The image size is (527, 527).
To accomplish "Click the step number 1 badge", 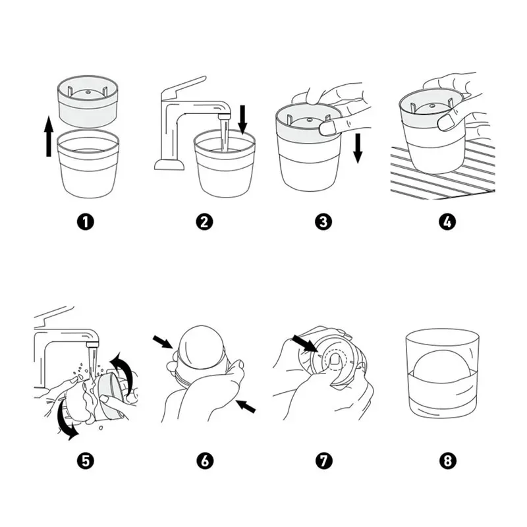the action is click(x=86, y=222).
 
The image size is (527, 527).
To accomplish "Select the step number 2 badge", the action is click(x=204, y=222).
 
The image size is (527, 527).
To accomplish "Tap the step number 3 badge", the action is click(x=323, y=222).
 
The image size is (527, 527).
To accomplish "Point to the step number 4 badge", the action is click(x=447, y=222).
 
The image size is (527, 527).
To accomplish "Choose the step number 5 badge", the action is click(x=86, y=460).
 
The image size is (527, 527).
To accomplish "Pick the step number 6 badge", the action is click(x=204, y=460).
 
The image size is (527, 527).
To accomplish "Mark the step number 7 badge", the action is click(x=323, y=460).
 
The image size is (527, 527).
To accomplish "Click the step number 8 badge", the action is click(x=447, y=460).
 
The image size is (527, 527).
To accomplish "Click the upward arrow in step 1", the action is click(x=49, y=136).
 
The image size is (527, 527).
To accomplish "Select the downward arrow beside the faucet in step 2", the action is click(x=242, y=119).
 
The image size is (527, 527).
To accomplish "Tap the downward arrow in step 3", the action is click(x=358, y=148).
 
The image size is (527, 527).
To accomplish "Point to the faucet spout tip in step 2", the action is click(x=224, y=117).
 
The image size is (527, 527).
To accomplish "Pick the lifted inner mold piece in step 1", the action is click(x=88, y=101).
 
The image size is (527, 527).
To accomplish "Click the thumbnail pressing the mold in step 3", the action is click(x=327, y=128).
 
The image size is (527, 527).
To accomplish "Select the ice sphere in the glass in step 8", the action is click(x=441, y=370).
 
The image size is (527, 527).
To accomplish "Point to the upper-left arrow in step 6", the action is click(x=163, y=342).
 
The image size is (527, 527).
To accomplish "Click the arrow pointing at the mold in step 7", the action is click(x=304, y=343).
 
